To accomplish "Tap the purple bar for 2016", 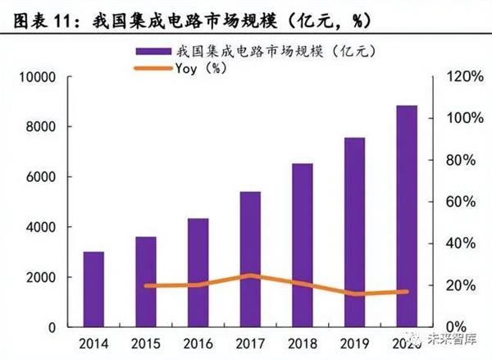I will (x=198, y=272).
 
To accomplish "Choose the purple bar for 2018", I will (x=302, y=245).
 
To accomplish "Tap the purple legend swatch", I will (x=153, y=52).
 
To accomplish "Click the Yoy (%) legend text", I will (x=202, y=68).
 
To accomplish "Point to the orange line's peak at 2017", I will (x=251, y=276).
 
